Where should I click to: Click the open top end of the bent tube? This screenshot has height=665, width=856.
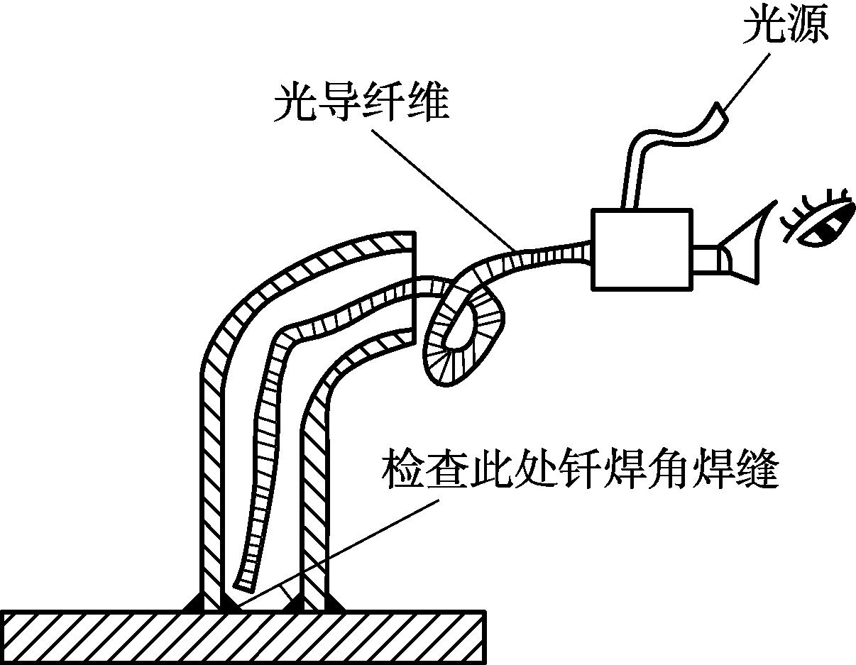(x=412, y=284)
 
